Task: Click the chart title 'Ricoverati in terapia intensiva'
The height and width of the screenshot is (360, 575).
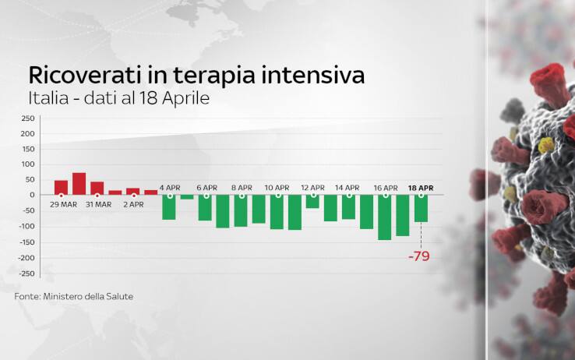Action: pos(196,76)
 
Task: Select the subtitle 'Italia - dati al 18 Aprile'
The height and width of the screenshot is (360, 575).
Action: pos(119,98)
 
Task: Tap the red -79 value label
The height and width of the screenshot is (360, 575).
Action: pos(418,256)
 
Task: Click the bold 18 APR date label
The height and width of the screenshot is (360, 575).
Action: pos(421,188)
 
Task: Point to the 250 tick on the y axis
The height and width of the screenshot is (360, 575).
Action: pos(28,118)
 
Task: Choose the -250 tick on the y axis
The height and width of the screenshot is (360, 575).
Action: pos(26,274)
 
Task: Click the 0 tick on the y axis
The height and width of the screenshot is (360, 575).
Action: pos(32,195)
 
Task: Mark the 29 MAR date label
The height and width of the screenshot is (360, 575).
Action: pos(63,205)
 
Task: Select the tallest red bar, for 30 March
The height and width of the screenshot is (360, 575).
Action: pos(79,184)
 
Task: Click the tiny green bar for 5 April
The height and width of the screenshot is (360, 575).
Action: pos(187,197)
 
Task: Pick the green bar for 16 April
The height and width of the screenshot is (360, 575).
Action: pos(385,217)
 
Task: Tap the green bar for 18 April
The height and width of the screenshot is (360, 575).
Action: pos(421,208)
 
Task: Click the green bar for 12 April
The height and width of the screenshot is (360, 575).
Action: pos(312,201)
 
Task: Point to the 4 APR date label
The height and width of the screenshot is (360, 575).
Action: pos(170,188)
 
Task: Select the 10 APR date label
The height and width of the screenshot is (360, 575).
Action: pos(277,188)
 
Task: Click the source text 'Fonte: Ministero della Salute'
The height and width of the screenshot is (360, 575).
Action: pos(74,296)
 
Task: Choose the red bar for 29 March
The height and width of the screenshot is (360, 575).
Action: pos(61,188)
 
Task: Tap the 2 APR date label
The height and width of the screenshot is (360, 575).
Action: pos(133,205)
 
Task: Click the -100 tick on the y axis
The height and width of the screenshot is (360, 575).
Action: pos(26,227)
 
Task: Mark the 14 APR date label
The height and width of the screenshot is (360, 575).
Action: pos(347,188)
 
